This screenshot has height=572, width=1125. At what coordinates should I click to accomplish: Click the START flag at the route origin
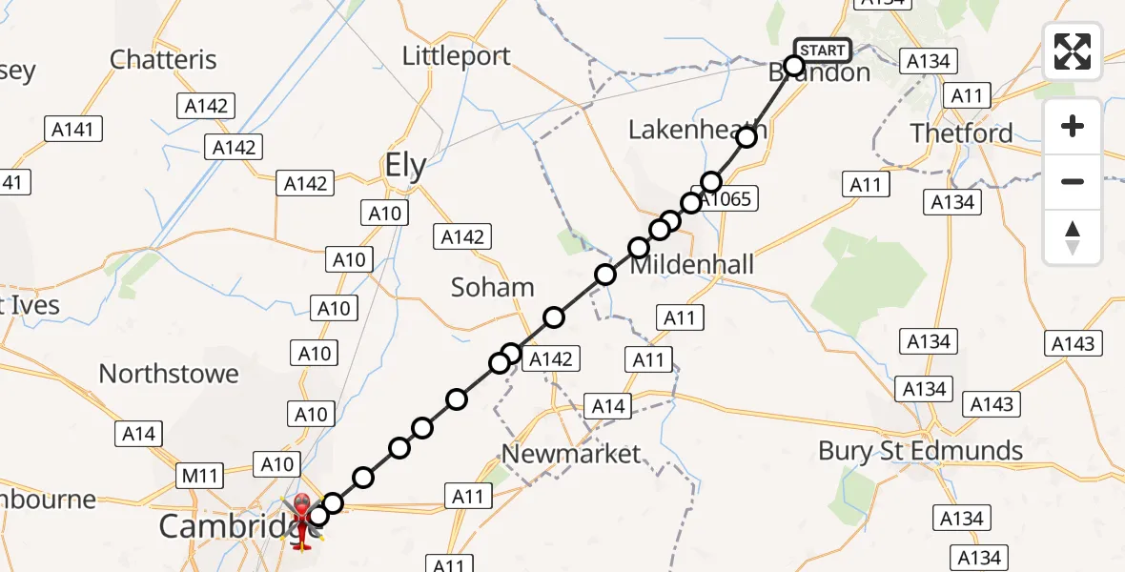(x=822, y=50)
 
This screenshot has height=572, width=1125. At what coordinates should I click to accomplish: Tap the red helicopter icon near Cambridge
(x=302, y=521)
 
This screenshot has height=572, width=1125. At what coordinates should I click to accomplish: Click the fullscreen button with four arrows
(x=1073, y=51)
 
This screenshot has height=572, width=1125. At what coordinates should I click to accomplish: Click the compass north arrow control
(x=1073, y=237)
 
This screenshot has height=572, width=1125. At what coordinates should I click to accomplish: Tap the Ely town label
(x=405, y=167)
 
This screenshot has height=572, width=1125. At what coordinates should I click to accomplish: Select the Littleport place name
(x=457, y=55)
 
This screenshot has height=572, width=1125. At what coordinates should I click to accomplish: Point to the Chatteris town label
(x=163, y=59)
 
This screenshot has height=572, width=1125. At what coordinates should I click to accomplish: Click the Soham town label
(x=493, y=287)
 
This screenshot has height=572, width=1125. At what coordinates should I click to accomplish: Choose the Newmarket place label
(x=571, y=454)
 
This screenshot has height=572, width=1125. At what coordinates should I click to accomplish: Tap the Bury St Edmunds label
(x=921, y=450)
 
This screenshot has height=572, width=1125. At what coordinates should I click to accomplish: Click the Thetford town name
(x=961, y=133)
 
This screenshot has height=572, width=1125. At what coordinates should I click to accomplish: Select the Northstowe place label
(x=169, y=374)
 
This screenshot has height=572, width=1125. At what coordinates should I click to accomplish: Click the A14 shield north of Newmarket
(x=607, y=407)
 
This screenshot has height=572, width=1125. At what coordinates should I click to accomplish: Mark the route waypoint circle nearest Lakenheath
(x=747, y=137)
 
